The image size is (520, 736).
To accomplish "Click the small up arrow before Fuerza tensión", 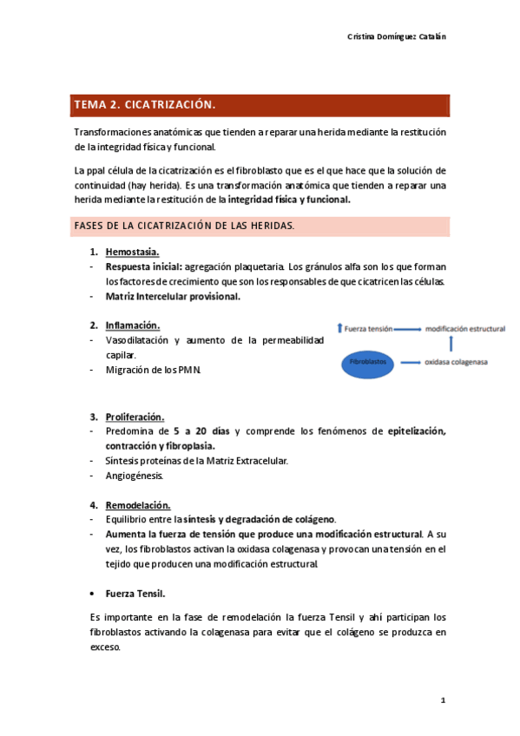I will pos(339,330).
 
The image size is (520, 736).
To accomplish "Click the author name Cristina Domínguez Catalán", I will pos(397,36).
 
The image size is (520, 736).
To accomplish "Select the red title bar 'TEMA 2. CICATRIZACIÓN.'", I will pos(260,105).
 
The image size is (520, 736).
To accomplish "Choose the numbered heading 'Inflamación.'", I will pos(133,325).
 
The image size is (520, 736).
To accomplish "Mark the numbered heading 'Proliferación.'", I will pos(135,417).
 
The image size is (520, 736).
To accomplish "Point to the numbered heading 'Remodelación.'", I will pos(137,505).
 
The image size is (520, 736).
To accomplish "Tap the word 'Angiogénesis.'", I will pos(134,476).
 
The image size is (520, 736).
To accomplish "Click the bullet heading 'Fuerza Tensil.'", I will pos(135,594).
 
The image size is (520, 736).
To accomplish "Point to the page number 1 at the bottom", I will pos(443,700).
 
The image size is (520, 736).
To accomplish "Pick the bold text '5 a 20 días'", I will pos(201,431).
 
